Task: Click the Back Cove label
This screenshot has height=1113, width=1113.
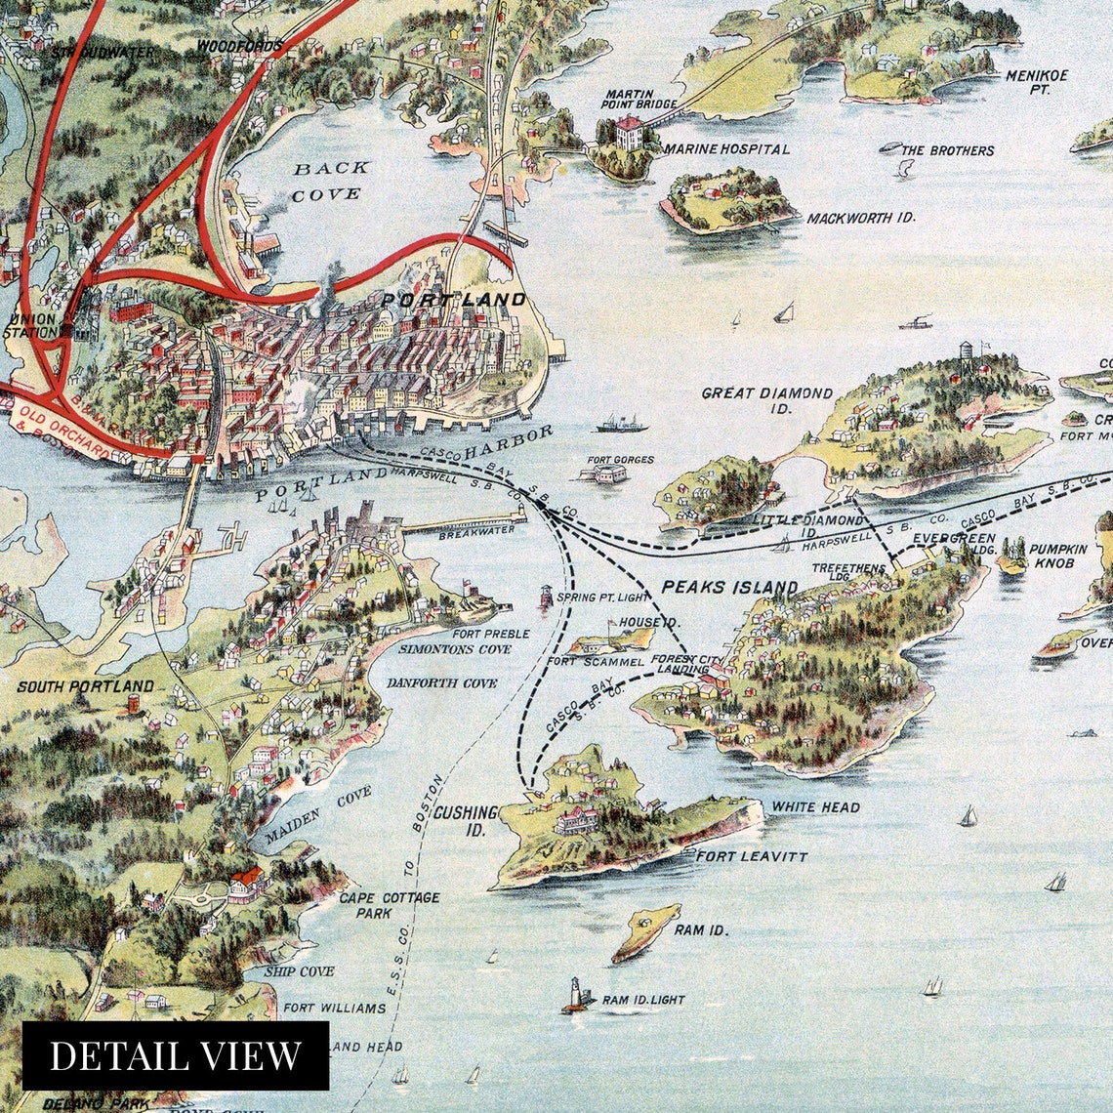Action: point(332,181)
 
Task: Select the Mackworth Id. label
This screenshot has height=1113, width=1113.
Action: point(860,218)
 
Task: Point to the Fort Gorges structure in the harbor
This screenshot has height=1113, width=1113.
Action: point(603,474)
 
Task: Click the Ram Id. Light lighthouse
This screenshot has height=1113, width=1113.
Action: point(576,994)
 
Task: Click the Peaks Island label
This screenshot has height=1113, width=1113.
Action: point(729,588)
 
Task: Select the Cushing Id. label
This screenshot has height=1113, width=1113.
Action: point(465,821)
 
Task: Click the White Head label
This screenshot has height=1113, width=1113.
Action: point(816,807)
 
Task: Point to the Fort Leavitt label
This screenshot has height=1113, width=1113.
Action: point(751,856)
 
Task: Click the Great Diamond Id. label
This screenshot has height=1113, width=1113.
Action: point(767,400)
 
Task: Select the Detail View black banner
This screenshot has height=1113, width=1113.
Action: point(176,1055)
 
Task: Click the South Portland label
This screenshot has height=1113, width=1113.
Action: point(86,686)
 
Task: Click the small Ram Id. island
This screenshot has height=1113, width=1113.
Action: point(645,931)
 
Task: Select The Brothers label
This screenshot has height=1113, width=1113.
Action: point(947,150)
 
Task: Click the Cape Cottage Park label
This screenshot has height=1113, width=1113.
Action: point(389,904)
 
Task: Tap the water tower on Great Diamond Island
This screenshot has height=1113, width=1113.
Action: point(967,352)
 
